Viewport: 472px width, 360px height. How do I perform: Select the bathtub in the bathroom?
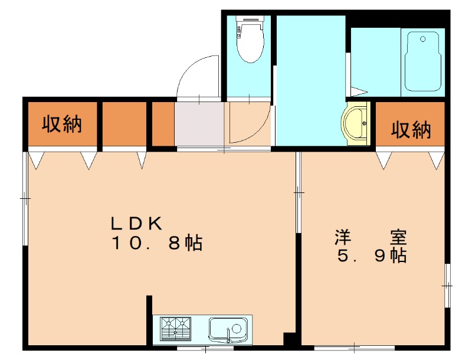tap(423, 62)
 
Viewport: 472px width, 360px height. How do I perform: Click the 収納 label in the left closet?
tap(61, 125)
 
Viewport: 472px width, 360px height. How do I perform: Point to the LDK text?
tap(137, 223)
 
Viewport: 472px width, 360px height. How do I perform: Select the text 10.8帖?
tap(157, 243)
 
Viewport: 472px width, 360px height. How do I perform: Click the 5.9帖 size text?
tap(371, 256)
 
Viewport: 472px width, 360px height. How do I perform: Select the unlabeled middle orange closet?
tap(124, 124)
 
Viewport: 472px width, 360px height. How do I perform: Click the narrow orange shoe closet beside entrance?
tap(163, 124)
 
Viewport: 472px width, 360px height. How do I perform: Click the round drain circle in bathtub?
tap(422, 40)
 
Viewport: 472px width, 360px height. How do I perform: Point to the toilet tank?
tap(250, 27)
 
